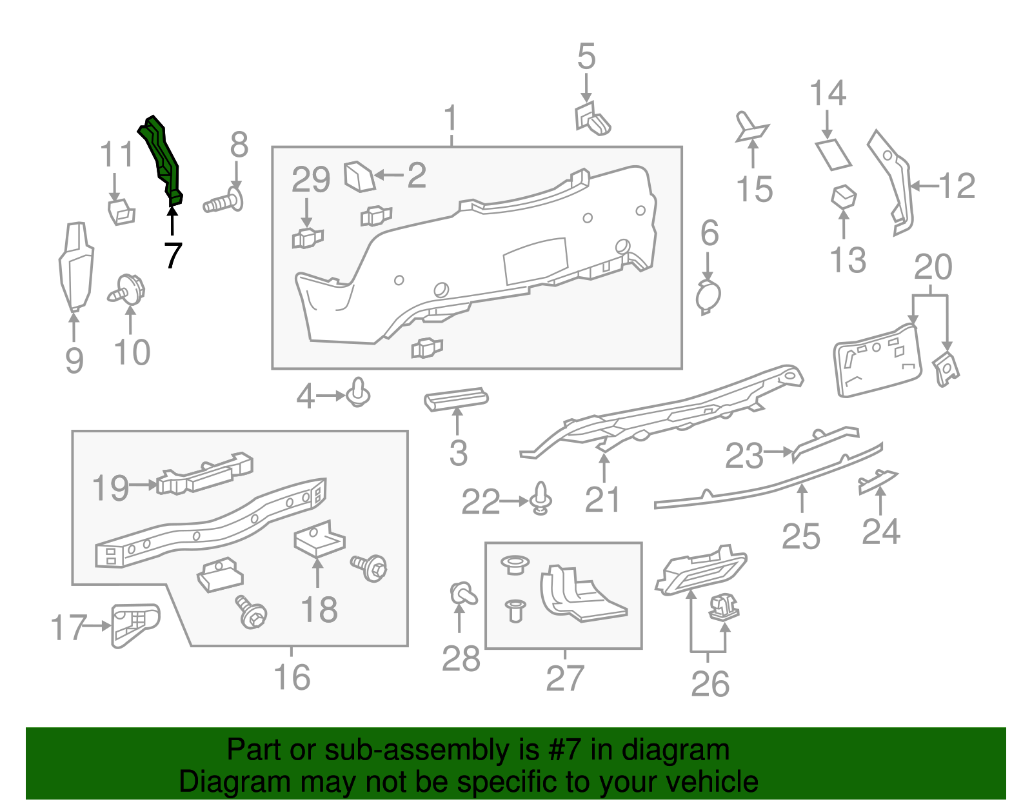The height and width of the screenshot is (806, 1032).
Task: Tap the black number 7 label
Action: [x=172, y=256]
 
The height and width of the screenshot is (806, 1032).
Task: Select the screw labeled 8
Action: [x=223, y=203]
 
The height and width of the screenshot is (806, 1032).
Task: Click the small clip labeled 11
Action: [x=121, y=210]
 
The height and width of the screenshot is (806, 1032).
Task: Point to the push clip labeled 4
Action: [x=358, y=393]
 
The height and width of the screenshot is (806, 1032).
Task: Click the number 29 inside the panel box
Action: [x=310, y=180]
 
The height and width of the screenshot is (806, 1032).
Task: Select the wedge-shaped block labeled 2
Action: [x=359, y=177]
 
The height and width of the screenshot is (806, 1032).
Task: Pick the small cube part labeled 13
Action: [x=844, y=196]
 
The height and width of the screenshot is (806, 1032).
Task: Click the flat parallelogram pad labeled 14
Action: [x=833, y=155]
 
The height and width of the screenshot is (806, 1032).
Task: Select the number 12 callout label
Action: [x=957, y=186]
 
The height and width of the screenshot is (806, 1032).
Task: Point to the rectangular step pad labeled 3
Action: [x=455, y=399]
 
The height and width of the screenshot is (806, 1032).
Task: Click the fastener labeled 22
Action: [x=541, y=498]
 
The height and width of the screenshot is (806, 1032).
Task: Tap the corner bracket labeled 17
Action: [x=134, y=623]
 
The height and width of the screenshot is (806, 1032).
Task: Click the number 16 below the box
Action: [x=292, y=678]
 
